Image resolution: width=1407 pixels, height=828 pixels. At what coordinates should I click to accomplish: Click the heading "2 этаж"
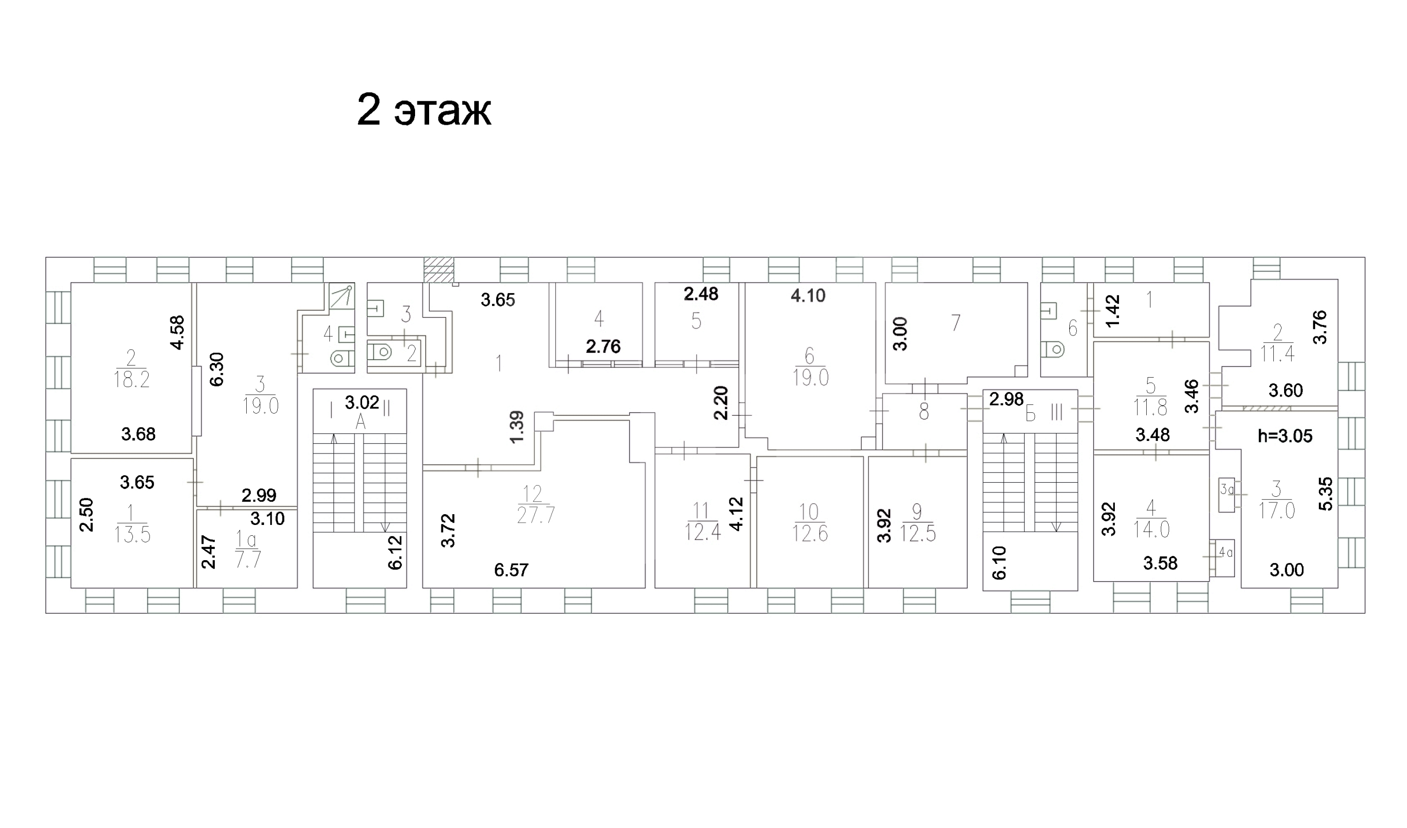[x=424, y=111]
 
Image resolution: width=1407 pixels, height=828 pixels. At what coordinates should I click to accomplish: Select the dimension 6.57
[x=511, y=570]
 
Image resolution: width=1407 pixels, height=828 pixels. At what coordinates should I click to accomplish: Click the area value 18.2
[x=131, y=379]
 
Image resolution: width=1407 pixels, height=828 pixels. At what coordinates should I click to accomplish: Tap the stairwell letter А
[x=361, y=423]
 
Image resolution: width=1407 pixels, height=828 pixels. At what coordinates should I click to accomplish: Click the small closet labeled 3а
[x=1226, y=494]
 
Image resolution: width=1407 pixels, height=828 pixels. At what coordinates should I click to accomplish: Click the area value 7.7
[x=248, y=560]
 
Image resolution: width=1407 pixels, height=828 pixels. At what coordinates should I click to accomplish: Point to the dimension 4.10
[x=808, y=296]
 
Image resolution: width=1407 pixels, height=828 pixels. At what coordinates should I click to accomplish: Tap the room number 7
[x=956, y=323]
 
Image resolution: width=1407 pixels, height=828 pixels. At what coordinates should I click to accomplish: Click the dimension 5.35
[x=1325, y=494]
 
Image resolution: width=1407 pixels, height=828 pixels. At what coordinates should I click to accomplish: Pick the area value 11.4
[x=1278, y=353]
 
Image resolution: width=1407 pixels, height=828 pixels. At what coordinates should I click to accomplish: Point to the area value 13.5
[x=133, y=534]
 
